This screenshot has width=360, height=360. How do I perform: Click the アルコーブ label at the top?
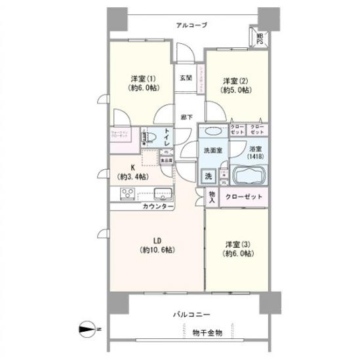(191, 25)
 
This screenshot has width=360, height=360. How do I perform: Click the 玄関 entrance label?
(186, 78)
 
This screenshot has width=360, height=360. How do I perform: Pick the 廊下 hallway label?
(186, 117)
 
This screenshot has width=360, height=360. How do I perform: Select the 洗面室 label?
(211, 150)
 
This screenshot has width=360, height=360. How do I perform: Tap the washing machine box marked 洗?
(208, 176)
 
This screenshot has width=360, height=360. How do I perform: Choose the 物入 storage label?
(212, 196)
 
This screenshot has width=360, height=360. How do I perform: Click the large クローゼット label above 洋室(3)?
(243, 197)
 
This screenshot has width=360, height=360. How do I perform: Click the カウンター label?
(157, 207)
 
